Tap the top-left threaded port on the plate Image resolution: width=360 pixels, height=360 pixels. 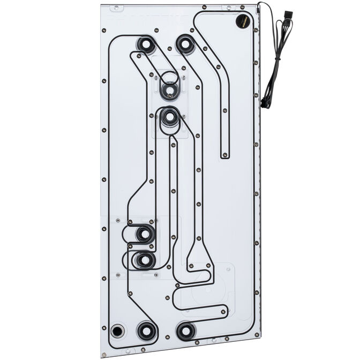click(145, 44)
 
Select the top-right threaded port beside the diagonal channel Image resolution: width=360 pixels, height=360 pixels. click(185, 44)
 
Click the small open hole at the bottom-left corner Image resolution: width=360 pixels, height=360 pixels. click(117, 330)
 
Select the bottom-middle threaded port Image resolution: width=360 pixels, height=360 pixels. click(146, 330)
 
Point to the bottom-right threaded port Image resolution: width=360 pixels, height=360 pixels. click(185, 331)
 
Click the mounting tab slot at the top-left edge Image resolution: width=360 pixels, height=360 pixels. click(115, 9)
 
